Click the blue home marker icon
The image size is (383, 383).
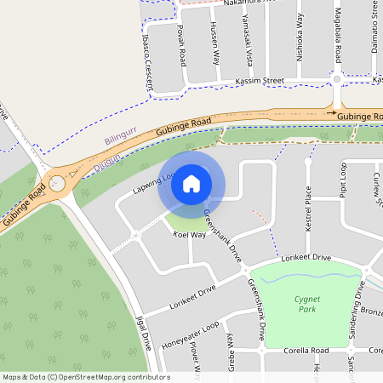[x=191, y=183]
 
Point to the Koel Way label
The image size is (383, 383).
[x=191, y=234]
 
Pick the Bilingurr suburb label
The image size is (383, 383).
[x=119, y=140]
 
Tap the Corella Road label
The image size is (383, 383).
[x=306, y=351]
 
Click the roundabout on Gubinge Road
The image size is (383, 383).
[x=57, y=182]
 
